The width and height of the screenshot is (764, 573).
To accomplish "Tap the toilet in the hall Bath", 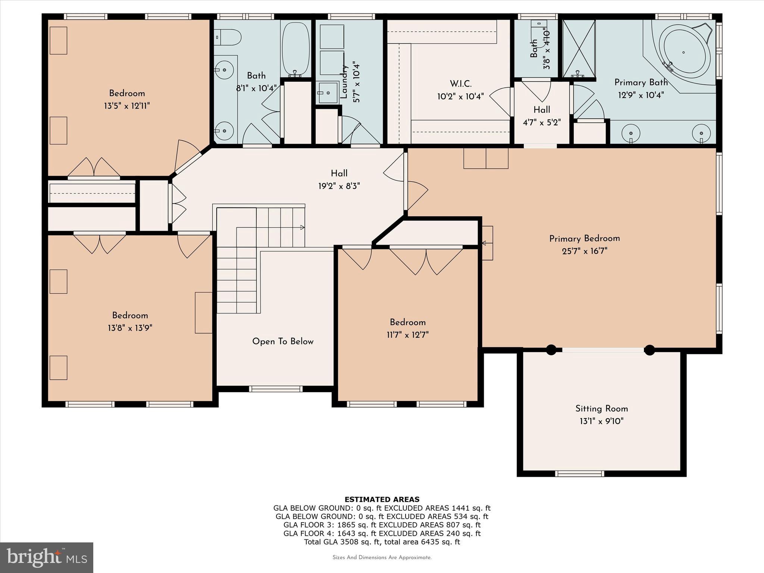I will (x=228, y=37).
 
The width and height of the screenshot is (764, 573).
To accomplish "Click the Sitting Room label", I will (x=601, y=408).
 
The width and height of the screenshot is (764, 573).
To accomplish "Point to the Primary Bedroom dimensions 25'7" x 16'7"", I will (x=584, y=251).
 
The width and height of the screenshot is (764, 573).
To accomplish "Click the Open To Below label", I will (x=283, y=341).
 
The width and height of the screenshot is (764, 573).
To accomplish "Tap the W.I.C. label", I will (x=460, y=84).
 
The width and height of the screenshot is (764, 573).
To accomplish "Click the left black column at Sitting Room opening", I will (x=551, y=350).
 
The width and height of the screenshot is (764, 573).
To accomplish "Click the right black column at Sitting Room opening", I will (x=649, y=350).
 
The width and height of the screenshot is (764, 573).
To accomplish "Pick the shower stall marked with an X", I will (x=579, y=48).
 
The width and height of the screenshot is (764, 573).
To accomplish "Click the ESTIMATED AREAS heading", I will (x=382, y=499).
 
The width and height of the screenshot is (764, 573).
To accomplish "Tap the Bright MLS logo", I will (x=47, y=557).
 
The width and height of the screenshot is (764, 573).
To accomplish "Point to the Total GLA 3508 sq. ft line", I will (x=382, y=542).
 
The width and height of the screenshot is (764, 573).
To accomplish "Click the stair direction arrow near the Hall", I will (x=302, y=227).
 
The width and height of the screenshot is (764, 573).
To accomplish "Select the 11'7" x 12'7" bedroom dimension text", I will (x=407, y=335).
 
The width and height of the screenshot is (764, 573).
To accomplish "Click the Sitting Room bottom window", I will (x=579, y=474).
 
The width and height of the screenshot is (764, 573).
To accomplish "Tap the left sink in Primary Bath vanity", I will (x=631, y=133).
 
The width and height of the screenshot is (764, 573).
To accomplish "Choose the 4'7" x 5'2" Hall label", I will (x=541, y=110).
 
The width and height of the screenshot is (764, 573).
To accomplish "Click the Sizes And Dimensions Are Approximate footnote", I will (x=382, y=557).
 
